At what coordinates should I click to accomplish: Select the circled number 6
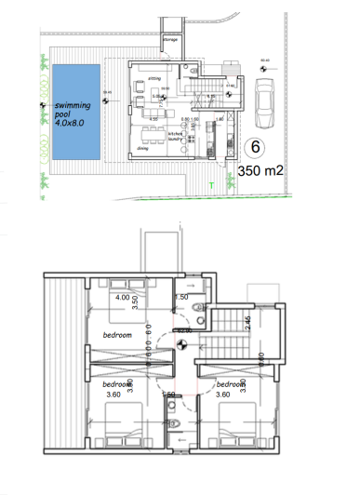coord(255,147)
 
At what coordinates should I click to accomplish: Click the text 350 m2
coord(260,171)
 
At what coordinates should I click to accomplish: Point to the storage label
coord(170,42)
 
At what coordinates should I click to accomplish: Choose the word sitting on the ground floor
coord(154,80)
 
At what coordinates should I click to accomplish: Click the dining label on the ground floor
coord(142,148)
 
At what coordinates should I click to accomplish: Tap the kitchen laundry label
coord(178,134)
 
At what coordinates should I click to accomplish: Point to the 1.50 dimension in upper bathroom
coord(183,298)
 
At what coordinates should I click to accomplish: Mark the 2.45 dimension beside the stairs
coord(248,324)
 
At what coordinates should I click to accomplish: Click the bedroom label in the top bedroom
coord(117,333)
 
